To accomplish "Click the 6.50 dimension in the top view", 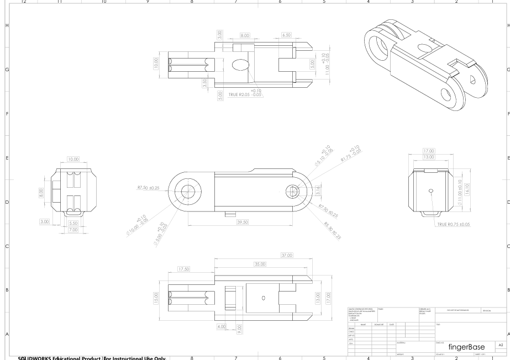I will [x=286, y=35].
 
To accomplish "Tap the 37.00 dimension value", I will [x=286, y=255].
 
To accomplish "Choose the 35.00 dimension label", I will [x=260, y=264].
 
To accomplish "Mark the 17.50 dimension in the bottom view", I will [x=184, y=269].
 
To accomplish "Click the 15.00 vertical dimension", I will [x=157, y=298].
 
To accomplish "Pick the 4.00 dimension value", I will [x=223, y=327].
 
